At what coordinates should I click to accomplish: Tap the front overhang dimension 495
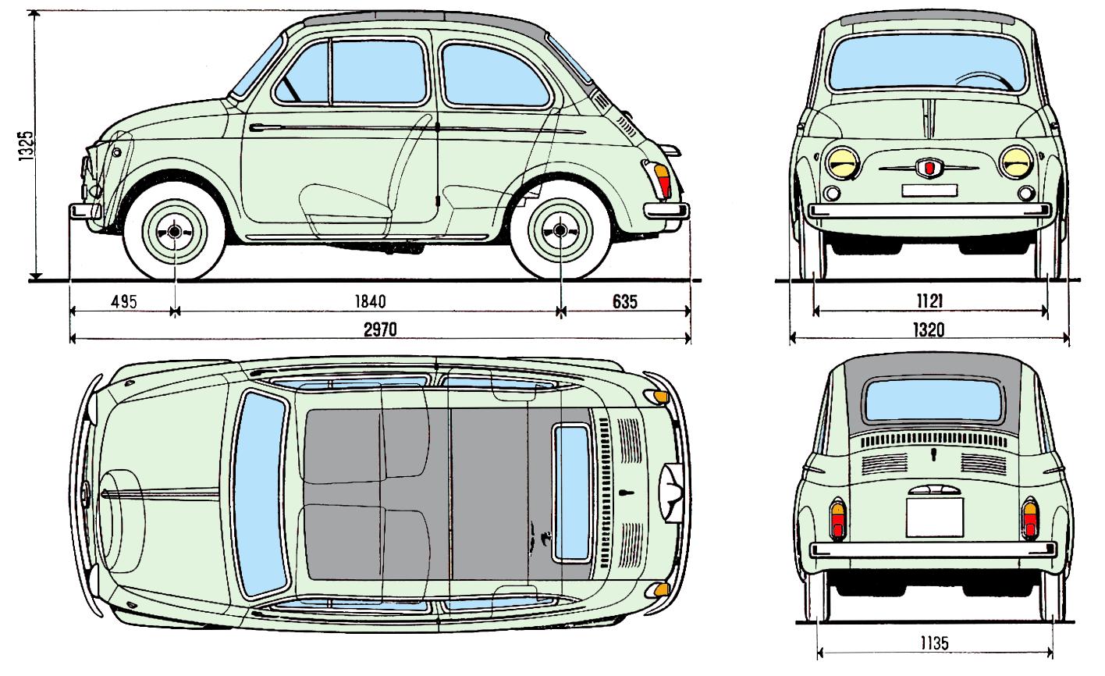[x=123, y=301]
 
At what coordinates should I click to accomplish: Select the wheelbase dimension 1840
[x=371, y=301]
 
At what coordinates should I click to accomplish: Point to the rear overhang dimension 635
[x=625, y=301]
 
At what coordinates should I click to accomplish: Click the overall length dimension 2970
[x=380, y=329]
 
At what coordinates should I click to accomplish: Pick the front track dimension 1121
[x=930, y=301]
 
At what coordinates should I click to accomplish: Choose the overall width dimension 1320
[x=929, y=329]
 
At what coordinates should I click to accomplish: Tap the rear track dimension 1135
[x=934, y=643]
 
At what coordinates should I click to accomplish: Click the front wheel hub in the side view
[x=174, y=231]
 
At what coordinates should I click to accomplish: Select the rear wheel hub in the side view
[x=560, y=230]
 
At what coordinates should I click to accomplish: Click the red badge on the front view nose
[x=929, y=168]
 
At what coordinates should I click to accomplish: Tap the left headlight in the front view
[x=842, y=163]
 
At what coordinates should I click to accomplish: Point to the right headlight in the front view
[x=1016, y=162]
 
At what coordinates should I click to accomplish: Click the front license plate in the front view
[x=929, y=190]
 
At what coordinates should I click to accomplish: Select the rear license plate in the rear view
[x=934, y=517]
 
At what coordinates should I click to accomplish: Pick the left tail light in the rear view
[x=837, y=520]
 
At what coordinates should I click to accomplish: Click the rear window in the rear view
[x=934, y=400]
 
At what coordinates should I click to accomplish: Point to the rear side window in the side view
[x=494, y=76]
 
